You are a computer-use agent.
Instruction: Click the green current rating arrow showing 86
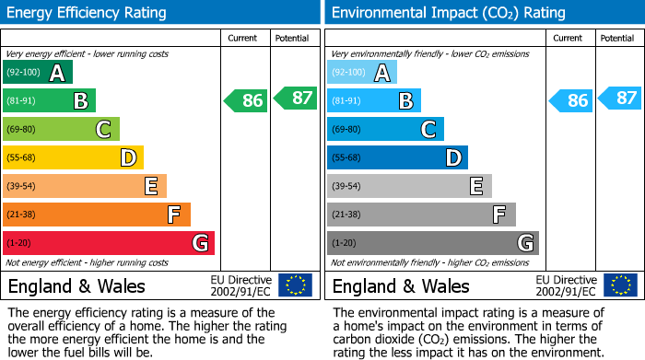coord(246,100)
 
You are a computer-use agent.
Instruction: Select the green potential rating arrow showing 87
coord(296,98)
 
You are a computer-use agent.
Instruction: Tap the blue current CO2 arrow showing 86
coord(570,100)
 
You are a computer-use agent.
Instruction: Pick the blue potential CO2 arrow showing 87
coord(619,98)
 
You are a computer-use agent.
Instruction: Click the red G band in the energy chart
coord(109,243)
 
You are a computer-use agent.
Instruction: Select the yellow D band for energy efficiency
coord(73,157)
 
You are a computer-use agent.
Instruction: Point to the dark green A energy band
coord(38,72)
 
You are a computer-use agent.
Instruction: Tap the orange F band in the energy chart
coord(97,215)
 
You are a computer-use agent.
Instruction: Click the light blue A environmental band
coord(362,72)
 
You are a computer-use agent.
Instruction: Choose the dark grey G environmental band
coord(433,243)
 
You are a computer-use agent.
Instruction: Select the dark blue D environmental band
coord(398,157)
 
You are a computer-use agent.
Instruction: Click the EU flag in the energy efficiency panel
coord(296,285)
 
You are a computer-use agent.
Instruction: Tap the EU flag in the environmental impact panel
coord(621,285)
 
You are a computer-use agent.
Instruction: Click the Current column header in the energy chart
coord(242,39)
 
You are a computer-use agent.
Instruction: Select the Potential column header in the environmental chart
coord(617,39)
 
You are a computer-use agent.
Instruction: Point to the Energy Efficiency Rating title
coord(87,13)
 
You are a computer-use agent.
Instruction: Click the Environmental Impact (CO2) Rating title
coord(449,13)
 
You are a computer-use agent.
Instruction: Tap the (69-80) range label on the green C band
coord(21,129)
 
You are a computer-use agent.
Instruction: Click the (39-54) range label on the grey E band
coord(346,186)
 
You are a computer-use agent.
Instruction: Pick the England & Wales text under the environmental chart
coord(401,286)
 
